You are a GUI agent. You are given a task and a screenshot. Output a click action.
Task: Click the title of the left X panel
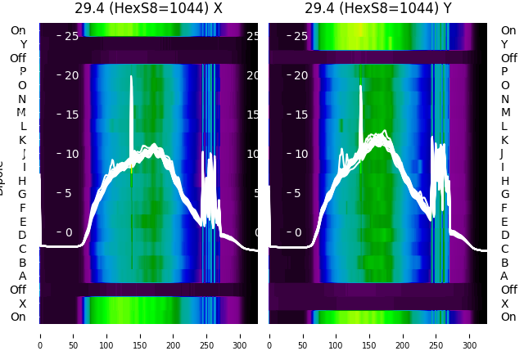[x=148, y=8]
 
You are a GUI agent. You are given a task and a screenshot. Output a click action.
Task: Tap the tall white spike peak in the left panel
[x=131, y=78]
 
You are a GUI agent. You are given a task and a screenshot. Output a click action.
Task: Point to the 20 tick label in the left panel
[x=71, y=76]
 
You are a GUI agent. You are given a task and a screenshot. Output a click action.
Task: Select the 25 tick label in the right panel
[x=300, y=36]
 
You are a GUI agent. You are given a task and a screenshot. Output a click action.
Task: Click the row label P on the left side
[x=22, y=71]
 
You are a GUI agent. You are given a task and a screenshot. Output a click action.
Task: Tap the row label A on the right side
[x=504, y=276]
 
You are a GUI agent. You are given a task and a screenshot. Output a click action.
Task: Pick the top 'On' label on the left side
[x=18, y=30]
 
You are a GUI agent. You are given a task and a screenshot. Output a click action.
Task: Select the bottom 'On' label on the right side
[x=508, y=317]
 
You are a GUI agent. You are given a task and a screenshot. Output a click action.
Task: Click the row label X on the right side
[x=504, y=304]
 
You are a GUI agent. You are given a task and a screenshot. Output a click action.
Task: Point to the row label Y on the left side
[x=22, y=44]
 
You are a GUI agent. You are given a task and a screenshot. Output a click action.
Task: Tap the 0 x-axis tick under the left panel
[x=40, y=335]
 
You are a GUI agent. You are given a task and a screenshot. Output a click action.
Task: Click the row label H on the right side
[x=504, y=180]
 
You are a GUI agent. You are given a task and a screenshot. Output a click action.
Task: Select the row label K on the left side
[x=22, y=140]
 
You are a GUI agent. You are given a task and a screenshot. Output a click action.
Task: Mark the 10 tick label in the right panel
[x=300, y=154]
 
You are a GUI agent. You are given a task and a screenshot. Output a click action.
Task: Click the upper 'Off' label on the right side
[x=508, y=58]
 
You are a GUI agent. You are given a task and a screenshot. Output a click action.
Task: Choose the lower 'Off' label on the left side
[x=18, y=290]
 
